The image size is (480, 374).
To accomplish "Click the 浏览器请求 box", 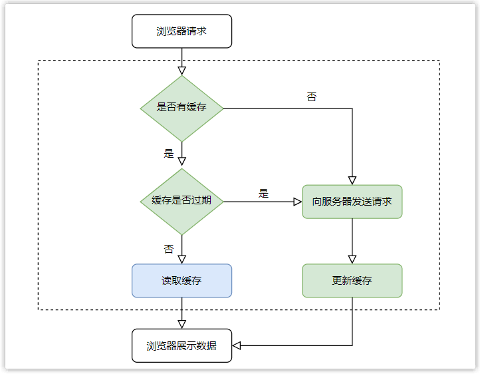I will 181,31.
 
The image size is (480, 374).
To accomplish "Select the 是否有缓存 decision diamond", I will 181,108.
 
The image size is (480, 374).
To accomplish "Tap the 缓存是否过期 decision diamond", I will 181,201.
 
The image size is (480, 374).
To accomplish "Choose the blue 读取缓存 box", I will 181,280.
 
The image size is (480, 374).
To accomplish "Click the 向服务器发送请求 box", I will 352,202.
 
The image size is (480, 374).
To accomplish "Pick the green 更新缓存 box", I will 352,280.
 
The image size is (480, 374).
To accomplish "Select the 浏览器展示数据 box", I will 181,345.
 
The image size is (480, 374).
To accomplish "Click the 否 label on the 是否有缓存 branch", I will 311,97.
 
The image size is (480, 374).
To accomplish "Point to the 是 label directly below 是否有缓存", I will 168,153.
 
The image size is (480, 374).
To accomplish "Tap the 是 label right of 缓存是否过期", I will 263,194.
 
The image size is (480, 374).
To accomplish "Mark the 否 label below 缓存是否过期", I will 168,249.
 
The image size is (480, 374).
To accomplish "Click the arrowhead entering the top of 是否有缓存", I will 181,71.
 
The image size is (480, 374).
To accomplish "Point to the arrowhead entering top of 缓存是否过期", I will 181,162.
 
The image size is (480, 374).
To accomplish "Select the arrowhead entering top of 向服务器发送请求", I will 352,180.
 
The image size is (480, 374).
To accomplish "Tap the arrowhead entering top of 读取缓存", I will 181,260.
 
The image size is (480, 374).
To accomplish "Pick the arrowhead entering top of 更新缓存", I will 352,260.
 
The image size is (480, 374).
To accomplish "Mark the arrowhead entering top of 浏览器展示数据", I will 181,324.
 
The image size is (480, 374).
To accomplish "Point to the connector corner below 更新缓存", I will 352,345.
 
